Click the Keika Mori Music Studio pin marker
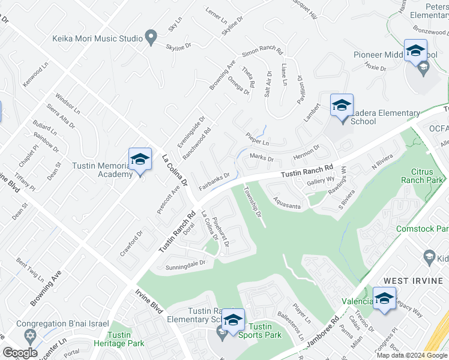coord(151,38)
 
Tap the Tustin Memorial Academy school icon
coord(140,160)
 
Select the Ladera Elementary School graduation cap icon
coord(342,106)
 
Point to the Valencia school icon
coord(384,298)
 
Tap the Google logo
coord(20,353)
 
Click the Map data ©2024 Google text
coord(412,355)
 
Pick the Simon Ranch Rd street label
coord(262,52)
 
